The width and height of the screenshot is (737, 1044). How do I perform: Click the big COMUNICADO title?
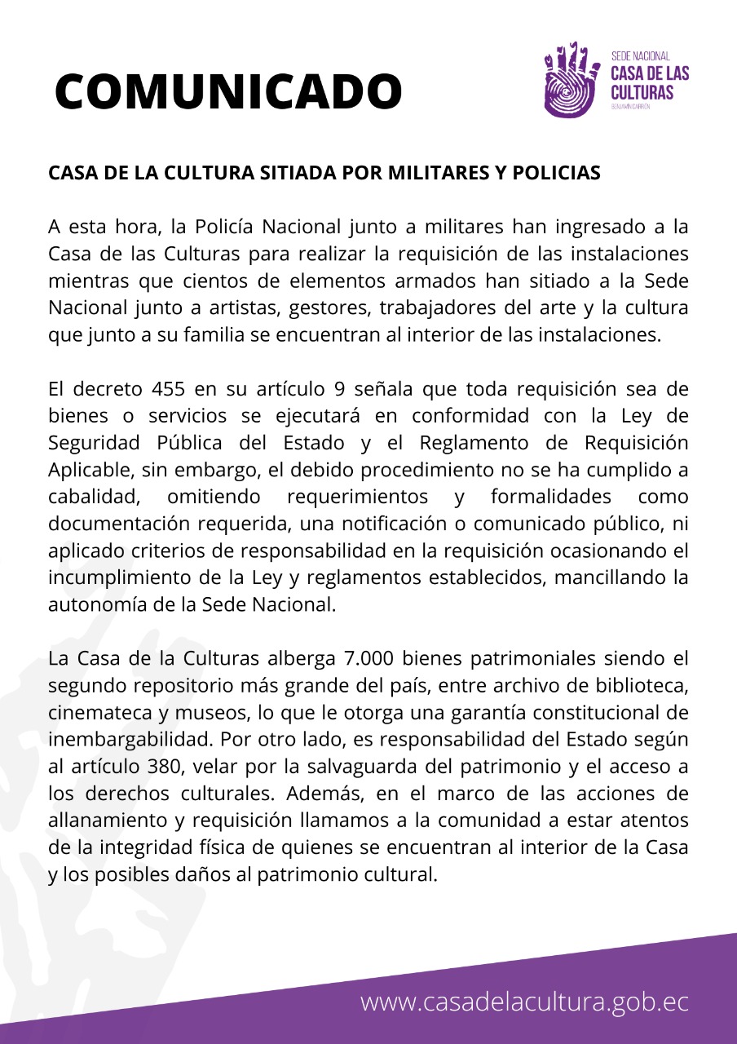[x=228, y=91]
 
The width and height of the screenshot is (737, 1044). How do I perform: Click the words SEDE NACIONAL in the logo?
[x=640, y=56]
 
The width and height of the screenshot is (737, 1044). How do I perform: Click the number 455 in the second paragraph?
[x=174, y=388]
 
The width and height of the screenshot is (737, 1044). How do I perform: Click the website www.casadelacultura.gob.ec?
[x=524, y=1002]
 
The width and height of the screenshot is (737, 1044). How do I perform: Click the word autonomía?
[x=95, y=604]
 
